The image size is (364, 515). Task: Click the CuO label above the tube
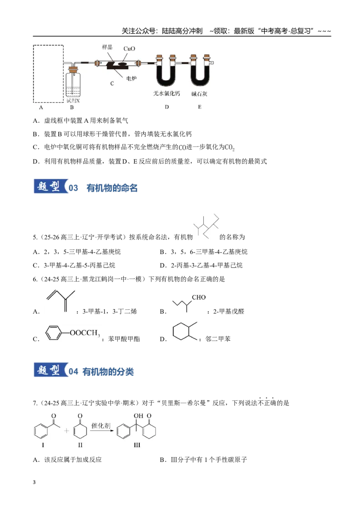coord(129,49)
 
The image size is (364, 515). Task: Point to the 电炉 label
coord(131,79)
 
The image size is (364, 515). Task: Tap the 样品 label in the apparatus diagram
coord(107,47)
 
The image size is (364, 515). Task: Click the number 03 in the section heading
coord(73,188)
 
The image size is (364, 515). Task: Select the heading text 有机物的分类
coord(108,372)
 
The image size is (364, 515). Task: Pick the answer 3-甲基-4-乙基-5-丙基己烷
coord(79,265)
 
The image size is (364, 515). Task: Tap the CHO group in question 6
coord(199,297)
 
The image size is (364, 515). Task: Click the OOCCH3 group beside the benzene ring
coord(85,333)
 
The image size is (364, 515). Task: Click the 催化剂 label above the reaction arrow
coord(101,426)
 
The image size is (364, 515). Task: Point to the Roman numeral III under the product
coord(136,445)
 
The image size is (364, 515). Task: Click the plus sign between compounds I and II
coord(66,430)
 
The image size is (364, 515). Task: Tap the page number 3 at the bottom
coord(34,482)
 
